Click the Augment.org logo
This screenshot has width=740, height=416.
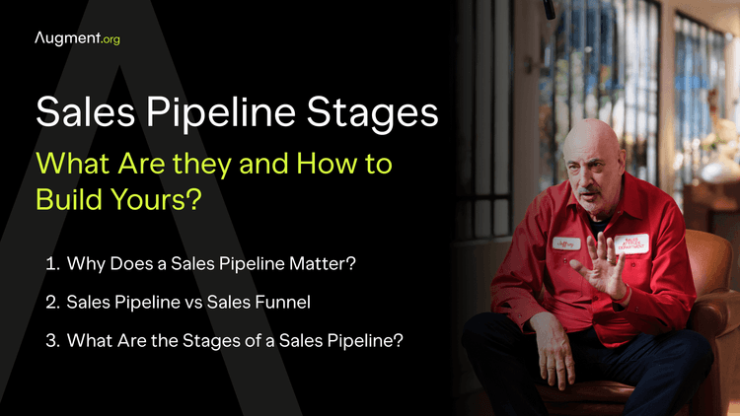77,38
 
